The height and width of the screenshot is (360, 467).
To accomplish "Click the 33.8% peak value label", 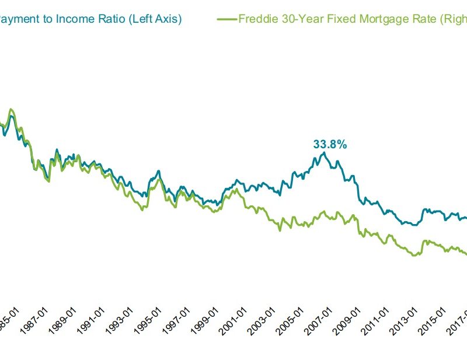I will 330,144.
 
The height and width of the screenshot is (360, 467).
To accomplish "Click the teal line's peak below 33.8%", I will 324,153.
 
